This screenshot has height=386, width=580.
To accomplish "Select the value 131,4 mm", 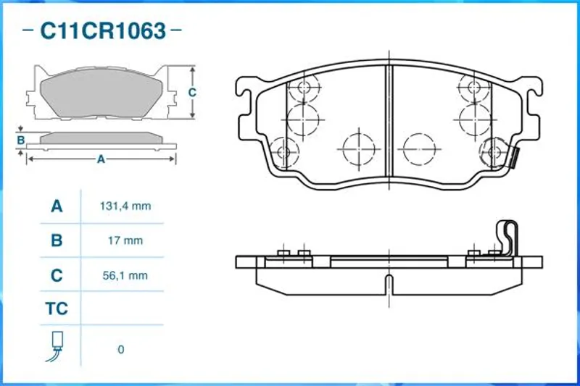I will coord(125,206).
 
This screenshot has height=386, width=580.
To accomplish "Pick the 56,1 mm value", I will coord(125,275).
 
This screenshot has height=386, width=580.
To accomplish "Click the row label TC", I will coord(57,309).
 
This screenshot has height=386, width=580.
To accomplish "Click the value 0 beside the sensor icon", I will coord(120,350).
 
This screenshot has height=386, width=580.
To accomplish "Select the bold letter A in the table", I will coord(57,206).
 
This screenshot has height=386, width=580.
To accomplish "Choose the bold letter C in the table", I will coord(57,275).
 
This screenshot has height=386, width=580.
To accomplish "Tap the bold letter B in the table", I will coord(57,241).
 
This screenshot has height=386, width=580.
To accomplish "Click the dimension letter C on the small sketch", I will coord(191,92).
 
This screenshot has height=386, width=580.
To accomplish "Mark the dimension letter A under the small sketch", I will coord(101,159).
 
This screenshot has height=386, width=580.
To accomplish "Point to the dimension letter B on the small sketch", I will coord(21,140).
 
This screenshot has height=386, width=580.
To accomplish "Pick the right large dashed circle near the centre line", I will coord(420,149).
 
